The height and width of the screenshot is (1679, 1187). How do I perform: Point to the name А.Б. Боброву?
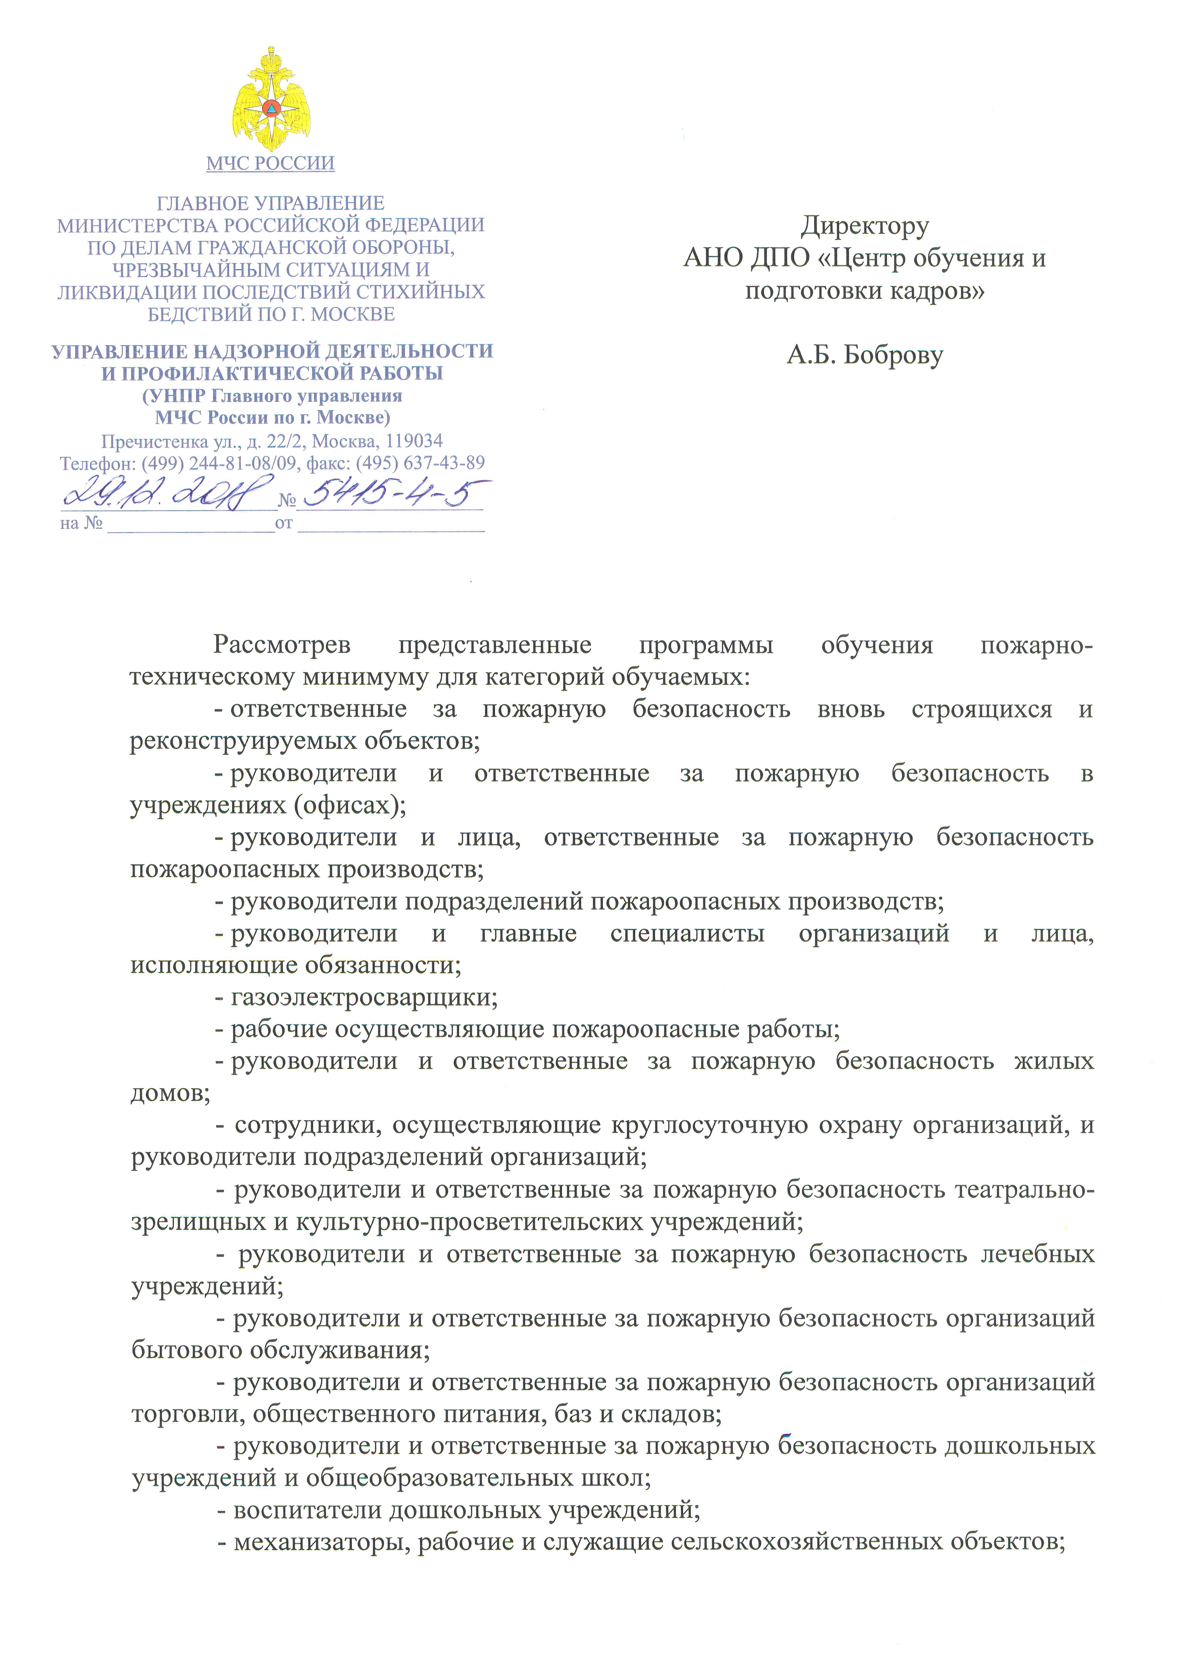click(865, 355)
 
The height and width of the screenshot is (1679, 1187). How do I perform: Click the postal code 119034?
click(414, 441)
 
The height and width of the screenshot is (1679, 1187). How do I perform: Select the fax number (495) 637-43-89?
click(420, 463)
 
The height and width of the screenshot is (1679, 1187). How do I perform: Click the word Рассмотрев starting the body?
click(281, 645)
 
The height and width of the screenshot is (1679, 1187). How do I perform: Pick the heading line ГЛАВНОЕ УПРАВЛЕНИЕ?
click(270, 203)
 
